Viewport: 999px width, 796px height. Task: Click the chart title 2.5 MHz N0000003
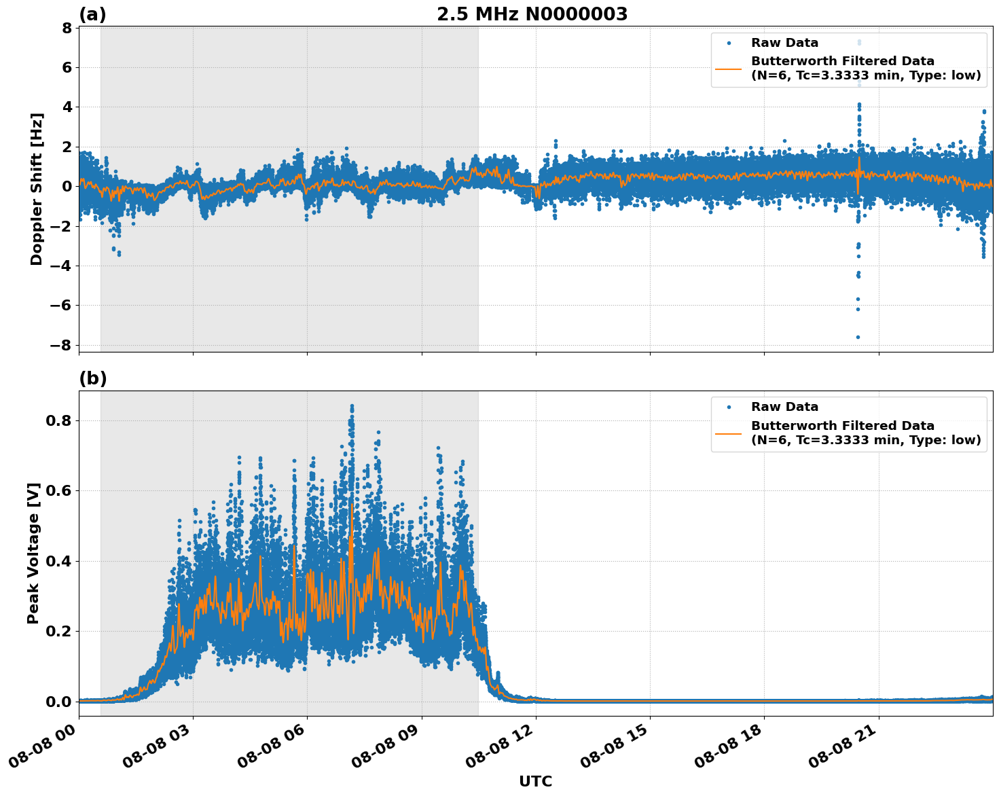tap(532, 14)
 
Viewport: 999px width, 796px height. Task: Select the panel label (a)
tap(92, 14)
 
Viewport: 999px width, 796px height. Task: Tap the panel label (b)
tap(92, 379)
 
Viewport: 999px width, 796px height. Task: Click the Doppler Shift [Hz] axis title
tap(37, 189)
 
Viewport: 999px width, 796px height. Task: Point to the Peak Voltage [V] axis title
tap(34, 553)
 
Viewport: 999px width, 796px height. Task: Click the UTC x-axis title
tap(535, 782)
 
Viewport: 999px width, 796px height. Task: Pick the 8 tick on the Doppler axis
tap(67, 29)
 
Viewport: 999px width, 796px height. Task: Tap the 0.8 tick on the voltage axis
tap(58, 421)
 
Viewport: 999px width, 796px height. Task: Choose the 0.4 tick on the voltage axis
tap(58, 561)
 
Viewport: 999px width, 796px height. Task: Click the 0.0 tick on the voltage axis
tap(58, 702)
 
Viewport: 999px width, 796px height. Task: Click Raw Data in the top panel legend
tap(784, 43)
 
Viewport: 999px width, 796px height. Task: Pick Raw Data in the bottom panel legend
tap(784, 408)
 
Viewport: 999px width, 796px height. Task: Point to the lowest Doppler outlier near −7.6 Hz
tap(858, 337)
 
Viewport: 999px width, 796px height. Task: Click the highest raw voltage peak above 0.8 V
tap(352, 406)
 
